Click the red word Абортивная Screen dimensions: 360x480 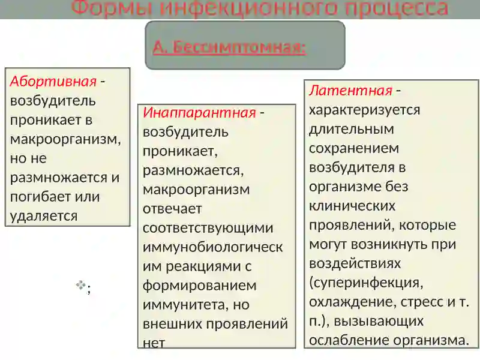point(53,82)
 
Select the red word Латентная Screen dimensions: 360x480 point(350,91)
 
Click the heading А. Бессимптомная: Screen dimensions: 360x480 point(229,47)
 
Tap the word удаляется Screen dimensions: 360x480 point(44,215)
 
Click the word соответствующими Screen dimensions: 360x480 point(208,228)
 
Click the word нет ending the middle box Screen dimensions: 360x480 point(153,342)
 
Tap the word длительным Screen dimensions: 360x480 point(351,128)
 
